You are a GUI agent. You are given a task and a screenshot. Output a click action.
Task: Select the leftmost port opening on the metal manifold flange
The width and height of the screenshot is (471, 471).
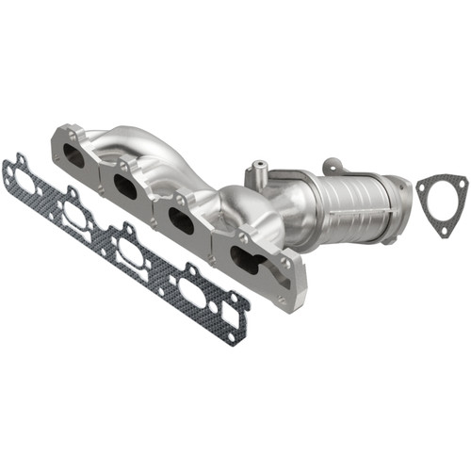pyautogui.click(x=73, y=155)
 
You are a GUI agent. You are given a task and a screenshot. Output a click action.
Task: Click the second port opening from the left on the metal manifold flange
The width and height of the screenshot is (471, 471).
pyautogui.click(x=126, y=184)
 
